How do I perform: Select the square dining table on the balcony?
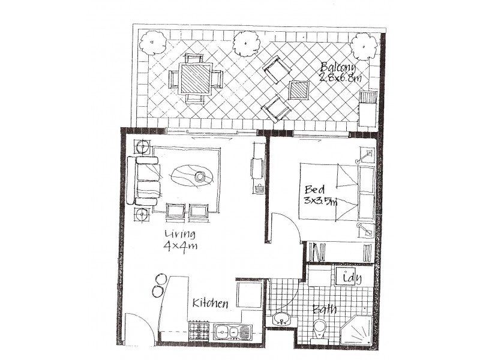click(x=195, y=79)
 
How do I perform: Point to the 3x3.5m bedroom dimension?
click(x=321, y=202)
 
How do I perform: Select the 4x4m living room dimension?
click(x=180, y=245)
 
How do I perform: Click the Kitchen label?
click(x=210, y=304)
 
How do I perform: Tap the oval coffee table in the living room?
click(x=192, y=176)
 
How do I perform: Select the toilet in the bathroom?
click(x=320, y=329)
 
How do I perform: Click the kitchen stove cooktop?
click(x=199, y=330)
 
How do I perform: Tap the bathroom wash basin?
click(x=281, y=319)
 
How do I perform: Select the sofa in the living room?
click(x=142, y=181)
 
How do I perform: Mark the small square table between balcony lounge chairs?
click(x=299, y=90)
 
